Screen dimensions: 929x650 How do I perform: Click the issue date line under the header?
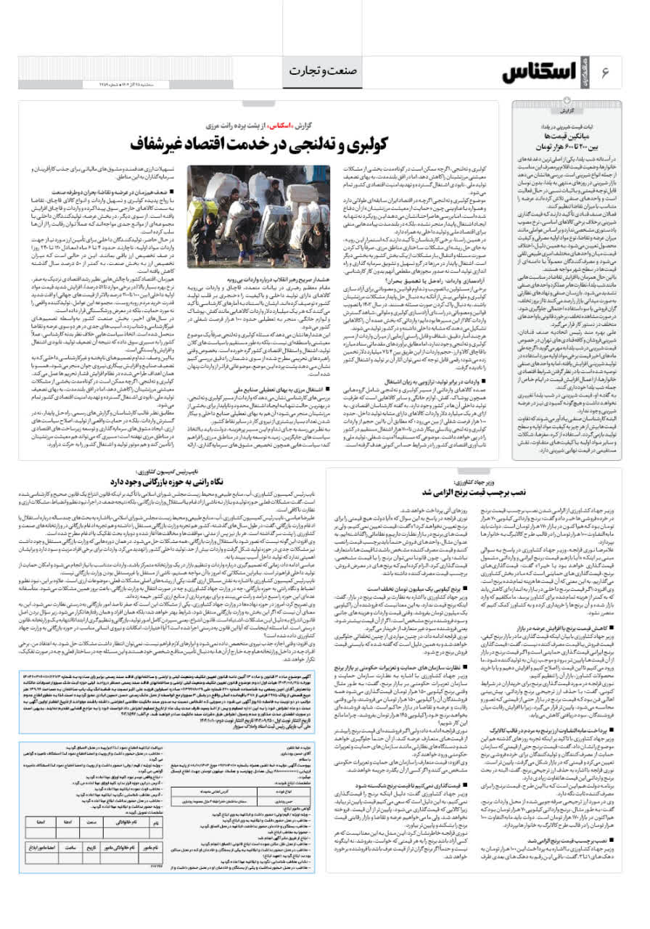tap(73, 85)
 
